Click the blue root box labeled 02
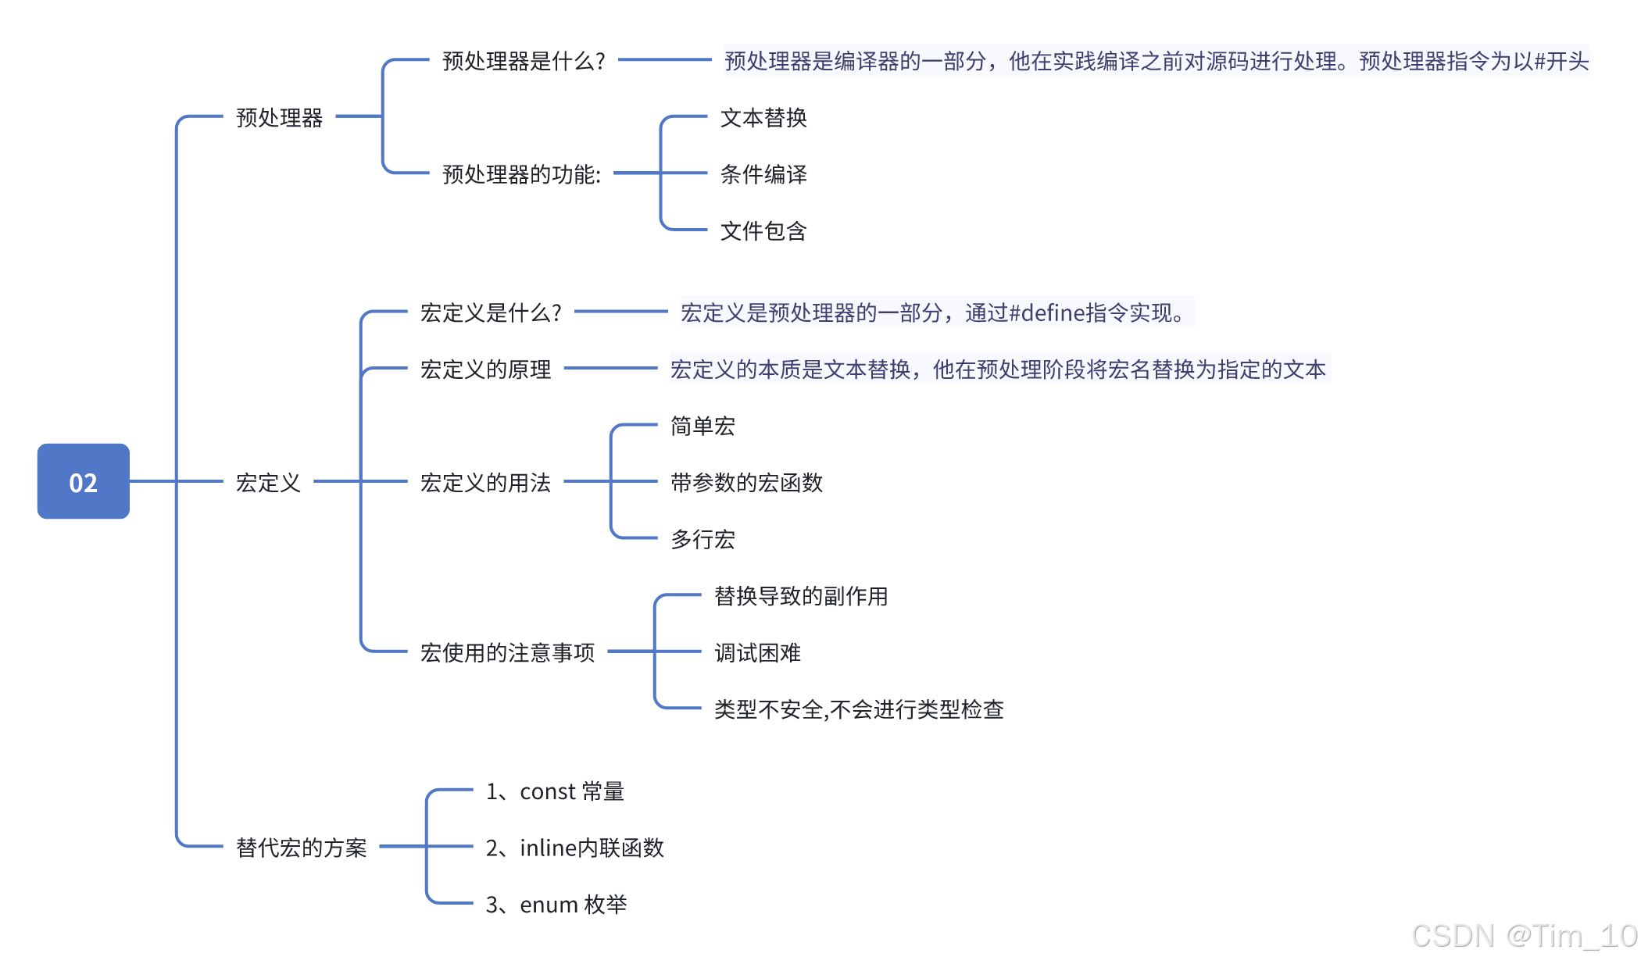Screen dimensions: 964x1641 point(84,481)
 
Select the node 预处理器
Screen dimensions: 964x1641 point(279,118)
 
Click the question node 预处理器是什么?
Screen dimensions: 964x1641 point(524,61)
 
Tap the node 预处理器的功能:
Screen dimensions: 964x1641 point(521,174)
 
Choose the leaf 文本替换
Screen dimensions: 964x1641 point(763,118)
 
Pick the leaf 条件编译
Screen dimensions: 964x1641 point(763,174)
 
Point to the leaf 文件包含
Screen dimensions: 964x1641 point(763,231)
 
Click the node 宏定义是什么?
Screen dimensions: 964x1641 point(491,312)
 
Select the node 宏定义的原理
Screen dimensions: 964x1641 point(485,370)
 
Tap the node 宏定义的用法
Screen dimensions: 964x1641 point(485,483)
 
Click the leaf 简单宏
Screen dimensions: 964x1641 point(702,427)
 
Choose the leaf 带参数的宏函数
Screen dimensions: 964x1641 point(746,483)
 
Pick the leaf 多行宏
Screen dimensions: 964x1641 point(702,540)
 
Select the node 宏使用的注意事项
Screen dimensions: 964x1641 point(507,652)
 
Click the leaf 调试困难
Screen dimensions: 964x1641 point(757,652)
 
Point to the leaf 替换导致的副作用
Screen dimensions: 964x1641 point(800,596)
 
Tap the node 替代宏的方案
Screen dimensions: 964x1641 point(301,848)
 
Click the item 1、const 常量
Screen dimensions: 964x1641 point(555,791)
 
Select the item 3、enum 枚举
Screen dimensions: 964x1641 point(556,905)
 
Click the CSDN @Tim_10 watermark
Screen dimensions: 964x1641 point(1523,936)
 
